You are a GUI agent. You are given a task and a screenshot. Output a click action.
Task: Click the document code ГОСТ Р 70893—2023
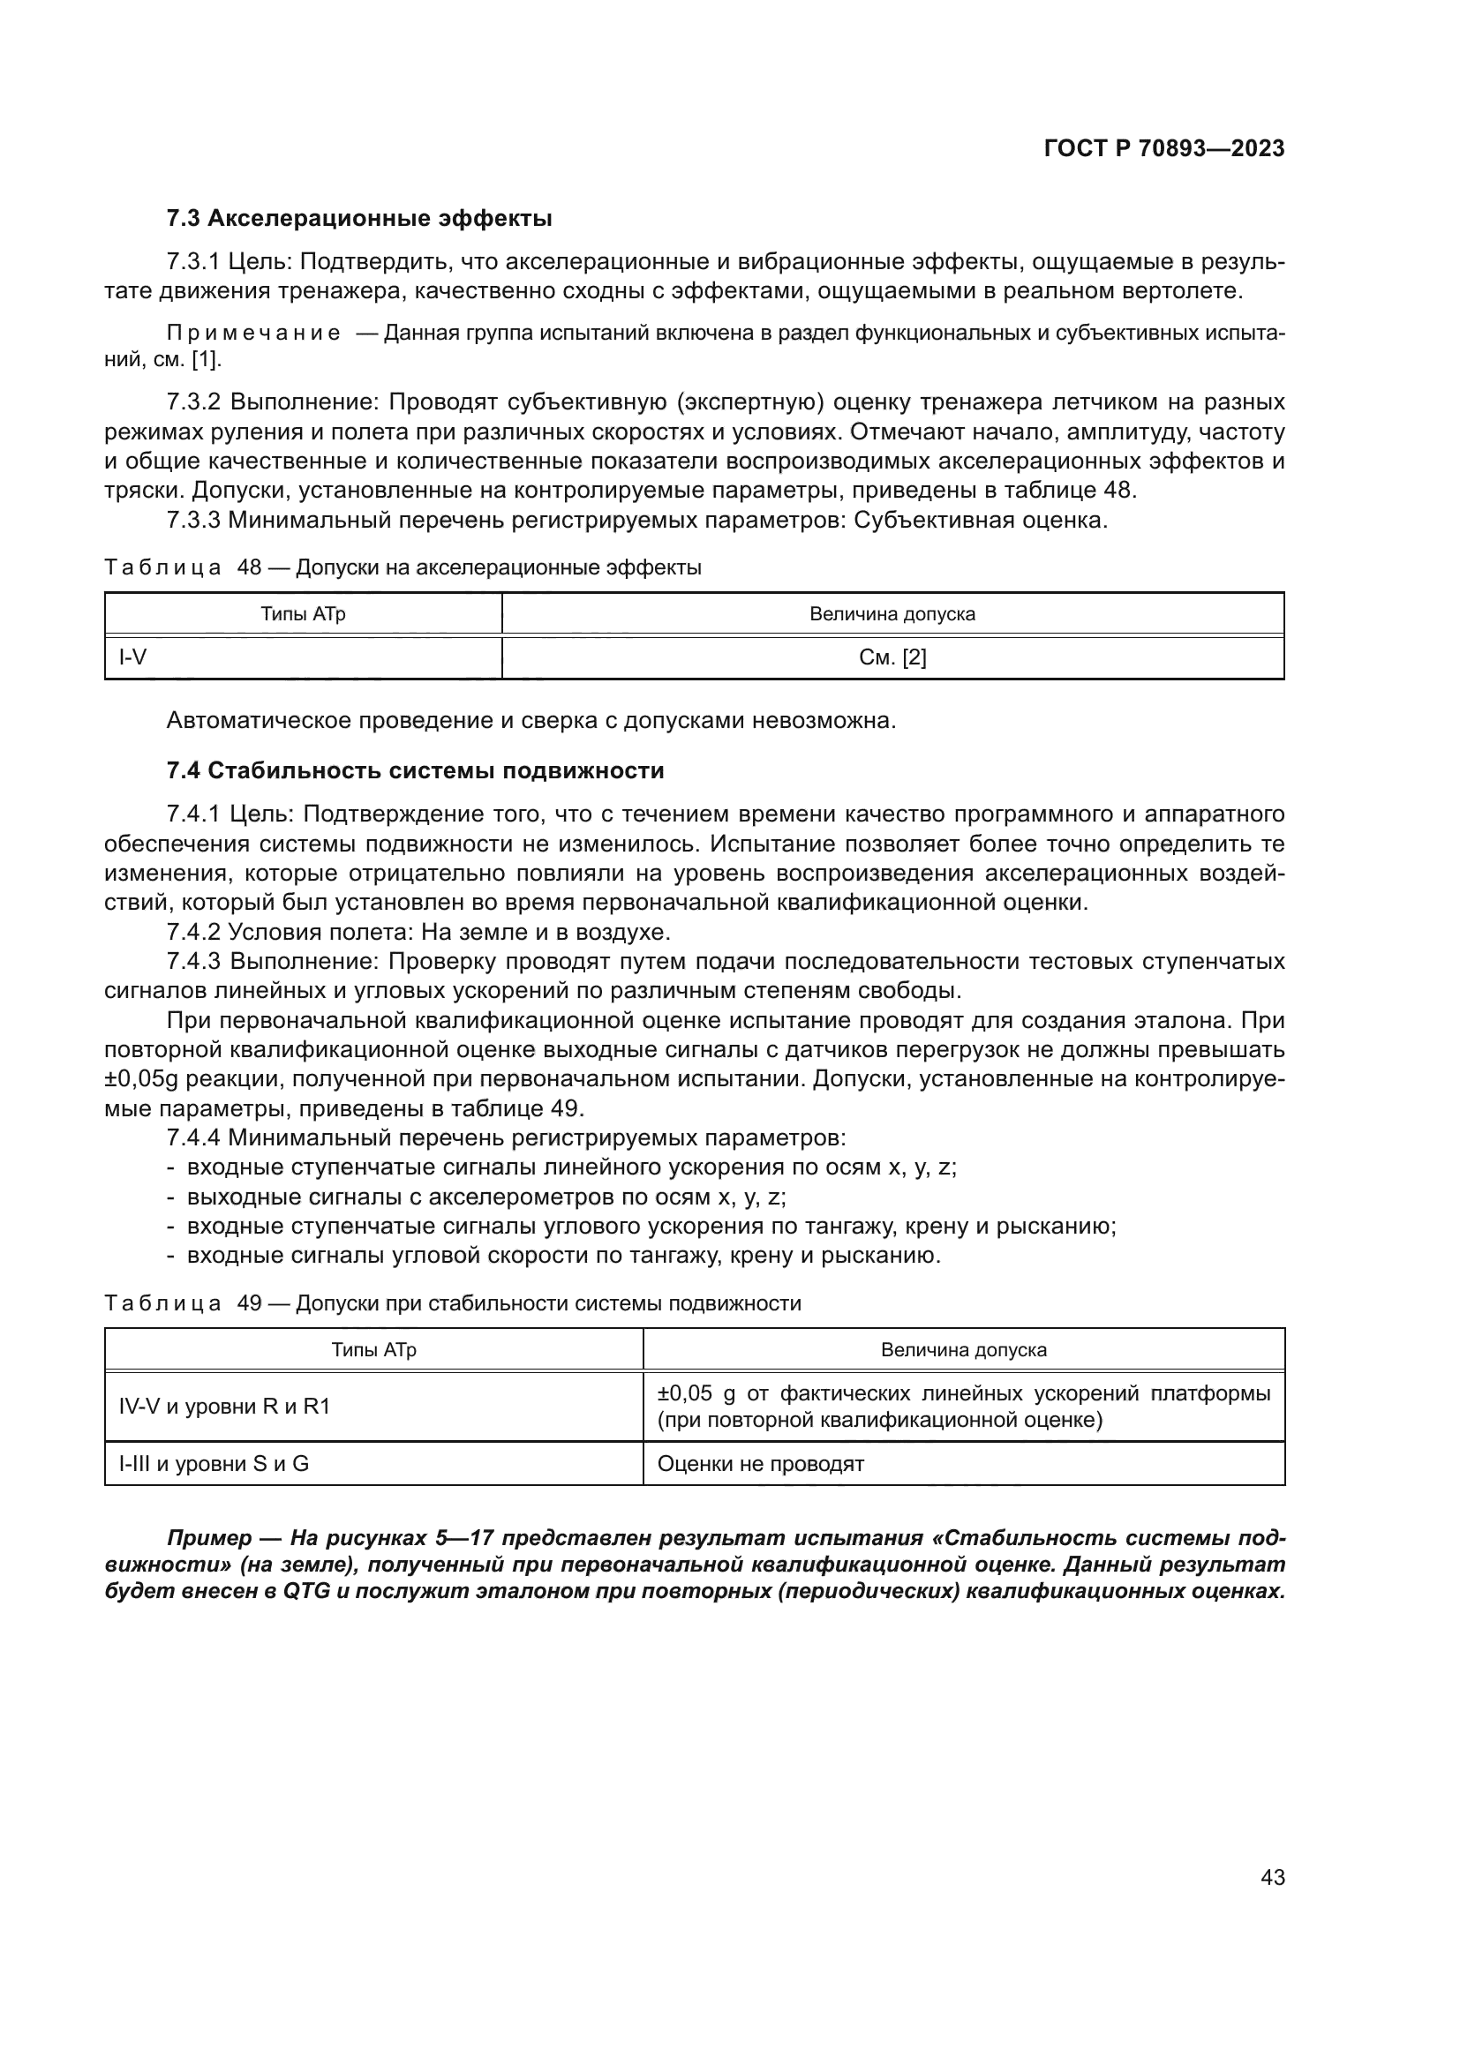pyautogui.click(x=1164, y=148)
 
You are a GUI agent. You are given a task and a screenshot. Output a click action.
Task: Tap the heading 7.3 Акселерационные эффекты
pyautogui.click(x=358, y=219)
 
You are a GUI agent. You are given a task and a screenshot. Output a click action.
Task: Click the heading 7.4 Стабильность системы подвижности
pyautogui.click(x=415, y=770)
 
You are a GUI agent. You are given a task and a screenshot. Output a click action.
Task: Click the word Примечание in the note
pyautogui.click(x=253, y=334)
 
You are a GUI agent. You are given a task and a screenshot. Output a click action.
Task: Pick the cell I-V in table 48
pyautogui.click(x=133, y=658)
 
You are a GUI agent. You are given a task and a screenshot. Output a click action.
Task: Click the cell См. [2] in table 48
pyautogui.click(x=892, y=658)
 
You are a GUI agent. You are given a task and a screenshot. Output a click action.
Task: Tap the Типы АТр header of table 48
pyautogui.click(x=303, y=614)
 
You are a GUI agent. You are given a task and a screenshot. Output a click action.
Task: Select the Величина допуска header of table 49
pyautogui.click(x=963, y=1349)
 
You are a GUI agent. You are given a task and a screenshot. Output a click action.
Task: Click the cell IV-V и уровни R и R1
pyautogui.click(x=225, y=1406)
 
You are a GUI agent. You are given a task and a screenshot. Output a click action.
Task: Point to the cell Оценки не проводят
pyautogui.click(x=761, y=1463)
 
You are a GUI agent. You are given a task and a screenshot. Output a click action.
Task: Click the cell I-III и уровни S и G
pyautogui.click(x=214, y=1463)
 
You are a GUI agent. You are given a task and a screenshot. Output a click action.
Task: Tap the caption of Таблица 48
pyautogui.click(x=403, y=567)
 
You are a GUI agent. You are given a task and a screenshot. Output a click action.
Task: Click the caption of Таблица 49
pyautogui.click(x=452, y=1303)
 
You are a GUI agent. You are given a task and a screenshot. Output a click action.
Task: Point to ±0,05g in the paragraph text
pyautogui.click(x=147, y=1078)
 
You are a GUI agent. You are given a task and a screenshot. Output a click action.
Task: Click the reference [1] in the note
pyautogui.click(x=206, y=361)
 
